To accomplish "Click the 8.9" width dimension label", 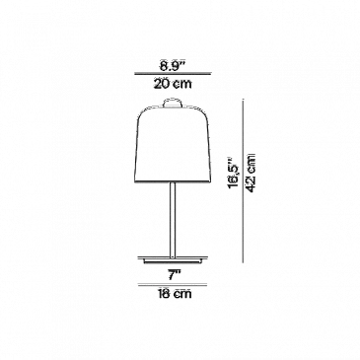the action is [x=173, y=66].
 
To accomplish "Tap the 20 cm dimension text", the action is [x=173, y=84].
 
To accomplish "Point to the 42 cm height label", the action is [x=252, y=173].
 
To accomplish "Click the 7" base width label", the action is [x=173, y=275].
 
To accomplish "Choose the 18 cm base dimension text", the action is [x=174, y=293].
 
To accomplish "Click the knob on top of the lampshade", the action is [x=173, y=102].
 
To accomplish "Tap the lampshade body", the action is [x=173, y=144].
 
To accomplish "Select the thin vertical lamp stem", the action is [x=173, y=220].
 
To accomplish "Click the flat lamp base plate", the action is [x=173, y=259].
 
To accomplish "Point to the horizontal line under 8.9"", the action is [x=173, y=75].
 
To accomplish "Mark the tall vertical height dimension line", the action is [x=244, y=180].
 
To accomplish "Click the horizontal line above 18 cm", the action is [x=173, y=285].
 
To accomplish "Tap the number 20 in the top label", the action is [x=161, y=84].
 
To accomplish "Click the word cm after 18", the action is [x=182, y=294].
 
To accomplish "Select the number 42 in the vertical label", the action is [x=252, y=184].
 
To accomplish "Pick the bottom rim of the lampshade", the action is [x=173, y=181].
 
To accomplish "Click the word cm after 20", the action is [x=182, y=84].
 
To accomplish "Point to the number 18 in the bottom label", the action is [x=163, y=293].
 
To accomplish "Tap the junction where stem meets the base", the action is [x=173, y=256].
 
